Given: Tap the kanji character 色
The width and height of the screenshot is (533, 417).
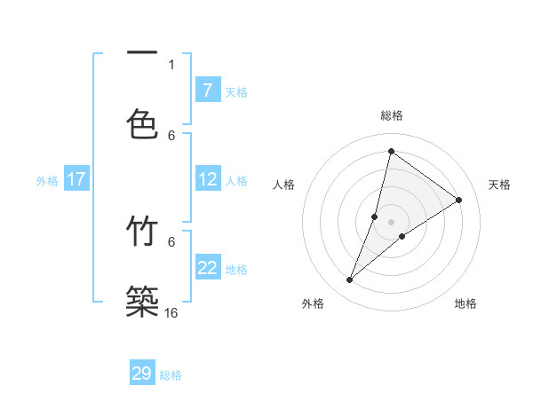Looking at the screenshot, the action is (142, 124).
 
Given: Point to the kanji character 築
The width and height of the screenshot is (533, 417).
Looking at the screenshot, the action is (142, 302).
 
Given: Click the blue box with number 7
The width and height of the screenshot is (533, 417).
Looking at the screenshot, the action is (207, 90).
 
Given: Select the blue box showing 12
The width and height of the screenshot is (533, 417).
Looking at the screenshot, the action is (208, 179).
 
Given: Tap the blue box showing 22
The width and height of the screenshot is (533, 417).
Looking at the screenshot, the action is (208, 268).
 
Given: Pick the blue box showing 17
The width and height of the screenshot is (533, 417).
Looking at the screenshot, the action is (76, 179).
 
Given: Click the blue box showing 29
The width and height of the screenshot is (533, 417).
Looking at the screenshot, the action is (142, 374).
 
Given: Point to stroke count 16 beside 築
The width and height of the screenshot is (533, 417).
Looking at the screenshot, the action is (171, 313).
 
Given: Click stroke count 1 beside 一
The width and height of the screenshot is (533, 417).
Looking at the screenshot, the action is (171, 64).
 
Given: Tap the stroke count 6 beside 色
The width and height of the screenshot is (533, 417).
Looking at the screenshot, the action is (171, 135).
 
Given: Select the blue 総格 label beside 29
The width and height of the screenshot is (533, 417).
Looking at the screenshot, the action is (171, 374).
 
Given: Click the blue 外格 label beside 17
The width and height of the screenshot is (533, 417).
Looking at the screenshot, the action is (47, 180).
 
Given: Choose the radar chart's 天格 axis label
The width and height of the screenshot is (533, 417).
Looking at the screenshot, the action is (499, 185).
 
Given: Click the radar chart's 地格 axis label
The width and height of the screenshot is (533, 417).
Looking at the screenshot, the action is (465, 303).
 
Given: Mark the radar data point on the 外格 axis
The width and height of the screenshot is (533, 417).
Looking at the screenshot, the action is (350, 280).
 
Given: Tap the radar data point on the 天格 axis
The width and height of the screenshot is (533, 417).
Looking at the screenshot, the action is (459, 200).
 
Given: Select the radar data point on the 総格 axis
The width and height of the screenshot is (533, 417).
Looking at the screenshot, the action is (391, 151).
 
